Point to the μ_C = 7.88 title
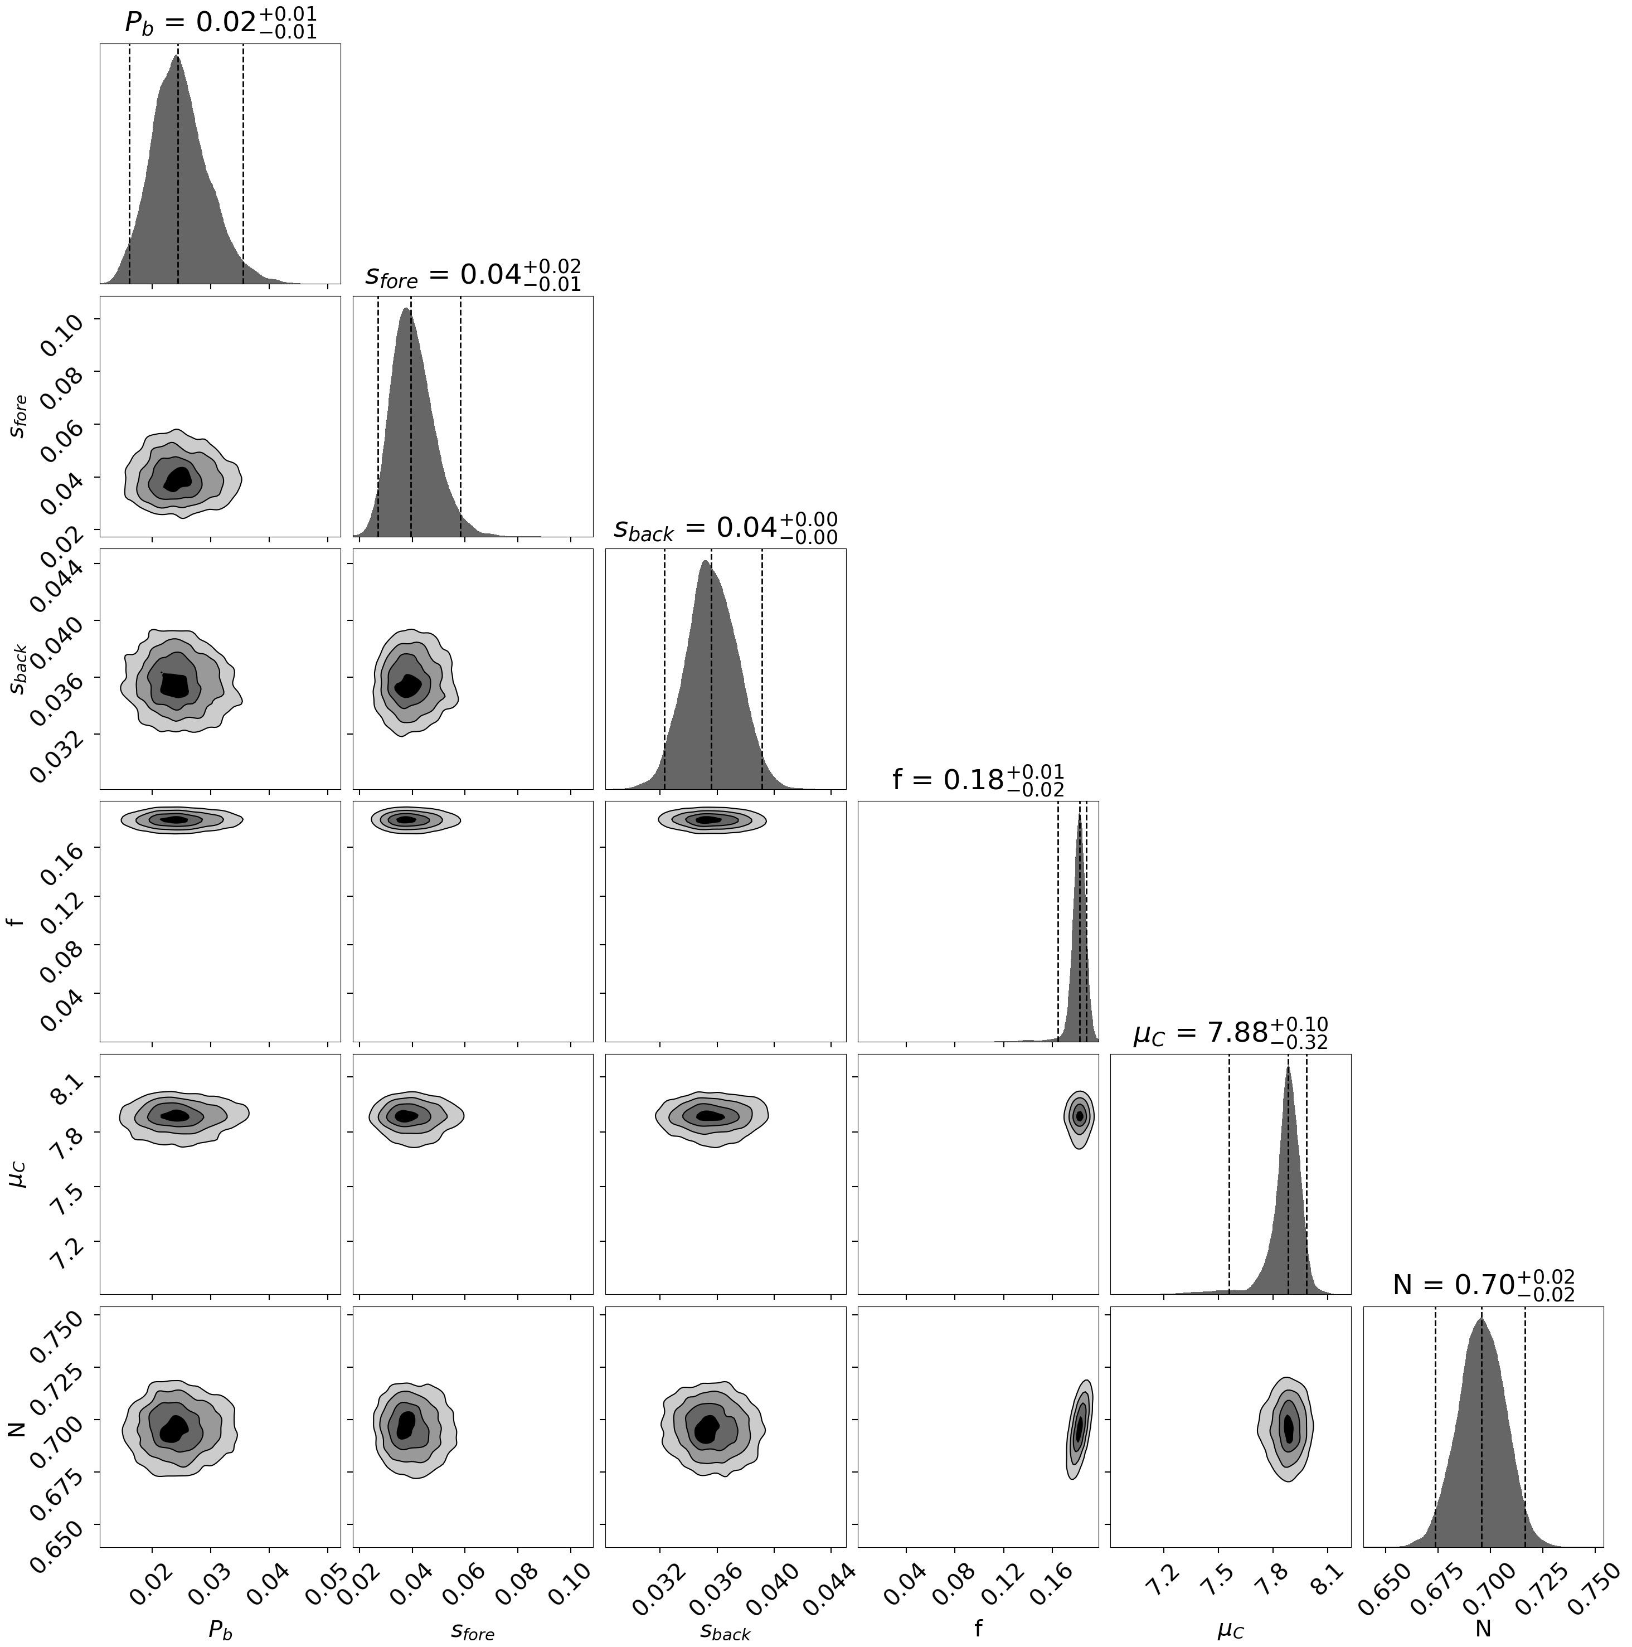click(x=1230, y=1033)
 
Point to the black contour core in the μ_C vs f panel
click(x=1080, y=1114)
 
